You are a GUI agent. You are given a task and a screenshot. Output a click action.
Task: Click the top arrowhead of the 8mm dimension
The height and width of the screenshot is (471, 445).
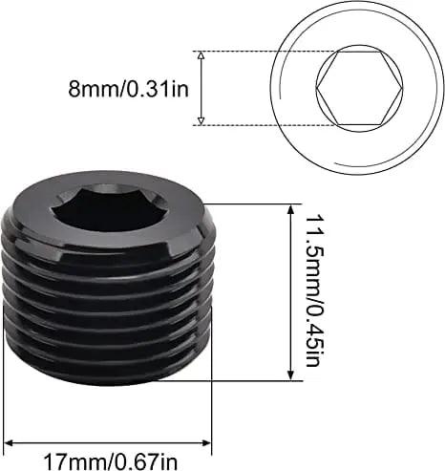(200, 55)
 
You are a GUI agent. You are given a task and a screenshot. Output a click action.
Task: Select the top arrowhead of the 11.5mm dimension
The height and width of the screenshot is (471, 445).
(291, 208)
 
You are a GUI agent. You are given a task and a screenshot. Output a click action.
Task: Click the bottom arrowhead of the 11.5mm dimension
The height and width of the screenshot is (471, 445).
(291, 375)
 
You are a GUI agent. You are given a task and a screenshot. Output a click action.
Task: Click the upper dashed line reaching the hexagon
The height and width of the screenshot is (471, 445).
(267, 51)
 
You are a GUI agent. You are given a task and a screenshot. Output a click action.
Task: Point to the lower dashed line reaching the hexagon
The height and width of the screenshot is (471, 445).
(267, 124)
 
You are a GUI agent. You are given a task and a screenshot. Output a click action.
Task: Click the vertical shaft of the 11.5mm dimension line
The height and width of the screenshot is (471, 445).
(291, 291)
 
